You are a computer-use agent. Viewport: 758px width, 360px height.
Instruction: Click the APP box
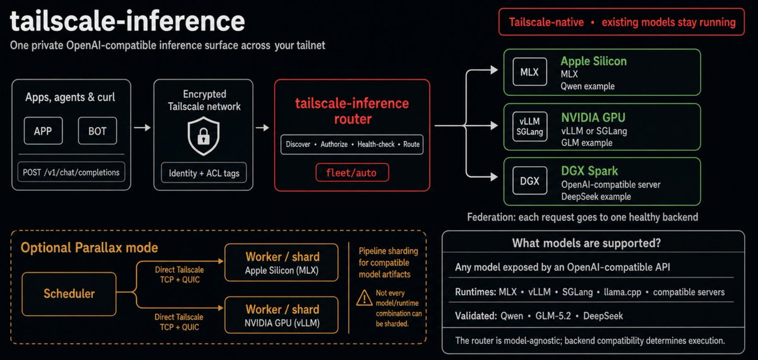44,131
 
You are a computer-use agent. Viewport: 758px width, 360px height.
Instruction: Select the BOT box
97,131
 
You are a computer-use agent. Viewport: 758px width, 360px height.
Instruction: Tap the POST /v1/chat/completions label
71,172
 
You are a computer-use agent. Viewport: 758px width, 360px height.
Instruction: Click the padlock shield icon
203,136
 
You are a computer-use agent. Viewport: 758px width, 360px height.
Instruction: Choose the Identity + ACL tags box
203,173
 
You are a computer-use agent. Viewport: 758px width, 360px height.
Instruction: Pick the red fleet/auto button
352,172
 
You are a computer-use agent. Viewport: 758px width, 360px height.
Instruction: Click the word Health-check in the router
376,145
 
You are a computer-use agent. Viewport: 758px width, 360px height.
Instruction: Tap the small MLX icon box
529,72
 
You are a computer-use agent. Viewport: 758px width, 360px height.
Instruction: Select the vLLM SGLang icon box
529,126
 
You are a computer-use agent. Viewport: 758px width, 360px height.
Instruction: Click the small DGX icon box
529,181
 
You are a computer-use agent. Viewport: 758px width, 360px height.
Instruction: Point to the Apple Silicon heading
594,61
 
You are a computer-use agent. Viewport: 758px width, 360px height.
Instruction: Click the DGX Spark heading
589,171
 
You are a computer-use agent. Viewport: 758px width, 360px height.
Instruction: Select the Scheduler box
69,294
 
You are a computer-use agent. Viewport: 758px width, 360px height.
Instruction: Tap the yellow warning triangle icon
364,298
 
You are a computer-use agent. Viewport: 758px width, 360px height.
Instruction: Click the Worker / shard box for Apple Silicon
282,263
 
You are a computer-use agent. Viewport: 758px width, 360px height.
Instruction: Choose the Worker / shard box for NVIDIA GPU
282,315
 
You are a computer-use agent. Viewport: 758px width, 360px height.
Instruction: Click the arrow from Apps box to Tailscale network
142,128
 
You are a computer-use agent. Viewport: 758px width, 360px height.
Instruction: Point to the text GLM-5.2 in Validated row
553,316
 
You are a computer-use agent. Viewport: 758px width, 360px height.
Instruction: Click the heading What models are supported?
586,243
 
